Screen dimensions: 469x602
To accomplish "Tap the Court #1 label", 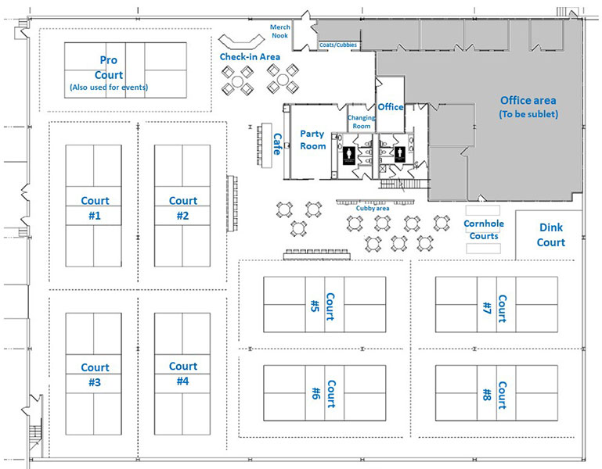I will pyautogui.click(x=95, y=208).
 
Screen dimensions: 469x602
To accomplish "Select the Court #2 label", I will pyautogui.click(x=183, y=208).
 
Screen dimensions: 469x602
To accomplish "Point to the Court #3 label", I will pyautogui.click(x=95, y=374).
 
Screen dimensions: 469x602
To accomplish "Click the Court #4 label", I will pyautogui.click(x=183, y=374).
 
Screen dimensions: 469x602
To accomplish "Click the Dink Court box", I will pyautogui.click(x=550, y=234).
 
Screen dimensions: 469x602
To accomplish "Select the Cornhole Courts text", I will pyautogui.click(x=483, y=229).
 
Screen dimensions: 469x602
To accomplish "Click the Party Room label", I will pyautogui.click(x=312, y=140).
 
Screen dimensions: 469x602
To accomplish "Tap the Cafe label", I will pyautogui.click(x=277, y=143).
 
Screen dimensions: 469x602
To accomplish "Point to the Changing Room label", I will pyautogui.click(x=361, y=121).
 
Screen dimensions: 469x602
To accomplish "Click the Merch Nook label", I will pyautogui.click(x=280, y=32).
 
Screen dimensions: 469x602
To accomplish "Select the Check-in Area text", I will pyautogui.click(x=250, y=57).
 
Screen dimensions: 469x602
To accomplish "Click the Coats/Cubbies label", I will pyautogui.click(x=338, y=45).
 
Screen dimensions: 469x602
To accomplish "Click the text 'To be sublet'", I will pyautogui.click(x=528, y=114).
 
